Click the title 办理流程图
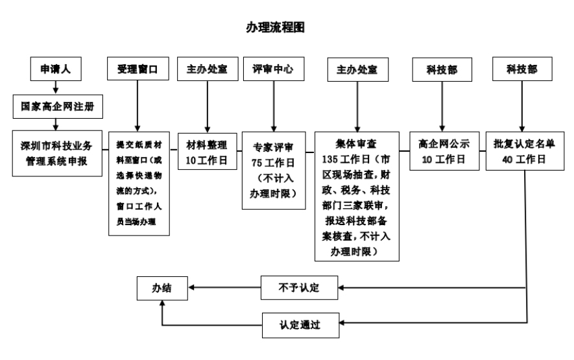275,27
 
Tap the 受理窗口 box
138,69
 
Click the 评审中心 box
272,69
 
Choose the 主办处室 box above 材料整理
207,69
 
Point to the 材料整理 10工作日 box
206,152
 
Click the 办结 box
162,287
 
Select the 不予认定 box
300,287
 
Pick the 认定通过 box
300,323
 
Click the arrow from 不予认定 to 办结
224,287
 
